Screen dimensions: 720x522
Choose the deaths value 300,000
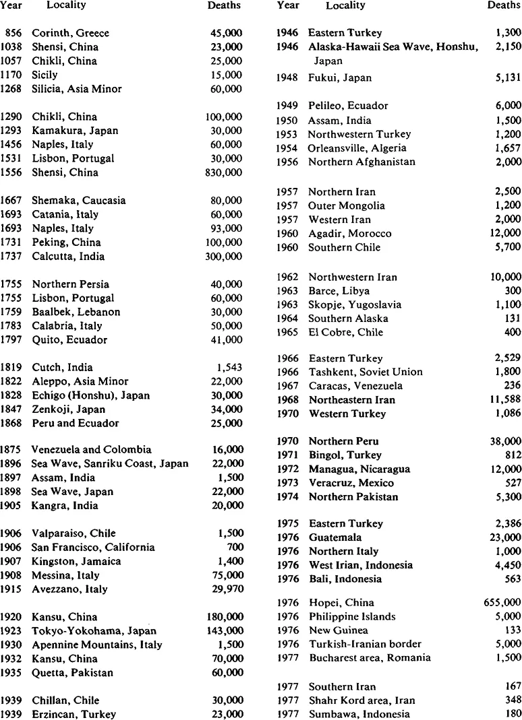click(x=225, y=257)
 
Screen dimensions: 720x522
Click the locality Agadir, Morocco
click(x=349, y=234)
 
